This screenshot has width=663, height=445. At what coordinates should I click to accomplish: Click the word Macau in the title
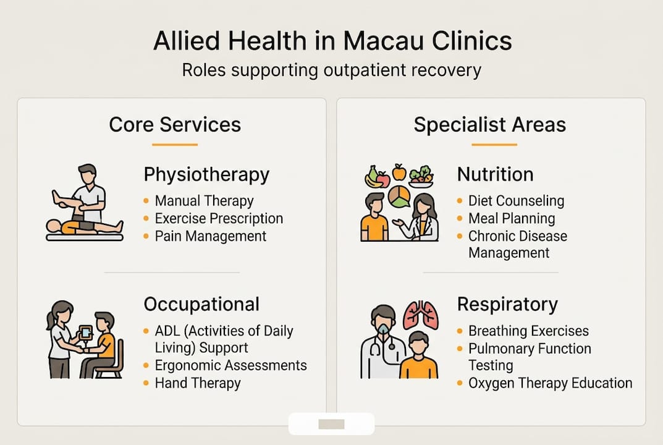(x=383, y=41)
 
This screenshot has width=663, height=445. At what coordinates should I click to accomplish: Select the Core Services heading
(x=175, y=124)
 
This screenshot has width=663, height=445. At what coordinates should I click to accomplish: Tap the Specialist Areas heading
(x=489, y=124)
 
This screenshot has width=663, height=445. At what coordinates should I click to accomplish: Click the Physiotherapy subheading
(x=206, y=175)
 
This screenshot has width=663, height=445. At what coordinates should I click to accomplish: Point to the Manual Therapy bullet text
(x=205, y=200)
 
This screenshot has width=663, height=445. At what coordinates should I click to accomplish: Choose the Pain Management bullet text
(x=211, y=236)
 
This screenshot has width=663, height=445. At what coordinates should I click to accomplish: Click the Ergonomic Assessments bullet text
(x=231, y=365)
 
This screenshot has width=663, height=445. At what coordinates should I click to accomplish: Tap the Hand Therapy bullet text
(x=198, y=383)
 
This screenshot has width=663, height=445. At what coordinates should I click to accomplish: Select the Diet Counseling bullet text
(x=517, y=200)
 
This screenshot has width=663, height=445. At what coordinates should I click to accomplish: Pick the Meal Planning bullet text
(x=512, y=218)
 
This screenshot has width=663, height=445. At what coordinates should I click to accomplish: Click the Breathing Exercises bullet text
(x=528, y=331)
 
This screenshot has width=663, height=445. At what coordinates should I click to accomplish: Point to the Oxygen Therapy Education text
(x=551, y=383)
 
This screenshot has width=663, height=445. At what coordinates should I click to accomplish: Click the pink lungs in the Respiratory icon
(x=420, y=315)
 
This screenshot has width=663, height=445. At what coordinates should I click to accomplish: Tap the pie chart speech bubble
(x=399, y=197)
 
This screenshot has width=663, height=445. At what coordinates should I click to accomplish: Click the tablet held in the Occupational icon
(x=86, y=333)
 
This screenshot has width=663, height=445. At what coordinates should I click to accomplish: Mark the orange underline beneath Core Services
(x=175, y=145)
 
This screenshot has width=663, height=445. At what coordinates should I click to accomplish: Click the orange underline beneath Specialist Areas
(x=494, y=145)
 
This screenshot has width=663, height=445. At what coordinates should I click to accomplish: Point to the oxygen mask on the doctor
(x=384, y=329)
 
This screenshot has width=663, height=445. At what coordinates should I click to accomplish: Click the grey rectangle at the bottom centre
(x=331, y=424)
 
